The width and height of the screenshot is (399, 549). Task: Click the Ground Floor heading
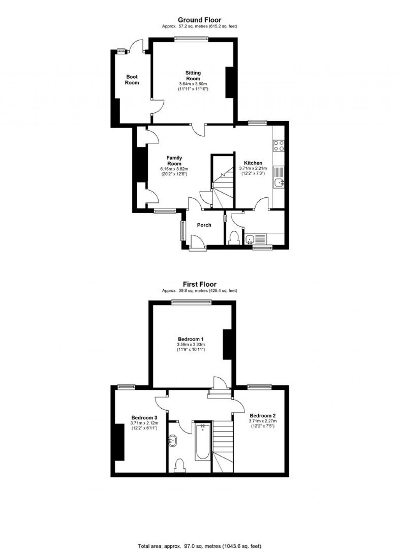point(199,20)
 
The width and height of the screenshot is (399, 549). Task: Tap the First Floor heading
point(199,284)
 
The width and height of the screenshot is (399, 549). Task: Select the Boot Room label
point(132,80)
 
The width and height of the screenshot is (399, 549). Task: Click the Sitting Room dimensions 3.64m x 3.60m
point(193,84)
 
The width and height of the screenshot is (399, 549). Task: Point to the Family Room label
point(174,161)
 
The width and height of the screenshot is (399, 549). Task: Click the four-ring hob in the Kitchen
point(279,145)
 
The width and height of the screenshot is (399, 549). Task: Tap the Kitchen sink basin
point(279,182)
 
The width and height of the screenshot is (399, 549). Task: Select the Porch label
point(204,225)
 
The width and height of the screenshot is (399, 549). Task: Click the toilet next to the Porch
point(234,238)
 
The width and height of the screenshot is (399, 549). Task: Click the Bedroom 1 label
point(191,339)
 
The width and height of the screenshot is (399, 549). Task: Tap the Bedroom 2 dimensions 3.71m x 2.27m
point(263,421)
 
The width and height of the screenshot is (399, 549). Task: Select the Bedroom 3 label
point(144,418)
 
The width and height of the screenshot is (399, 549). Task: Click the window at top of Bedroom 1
point(191,302)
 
